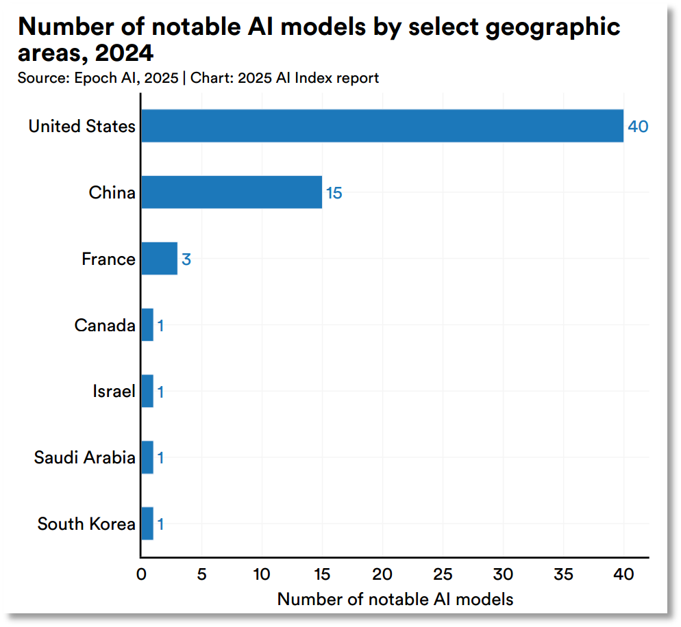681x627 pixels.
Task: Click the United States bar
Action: [x=382, y=126]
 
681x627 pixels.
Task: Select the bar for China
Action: [x=232, y=192]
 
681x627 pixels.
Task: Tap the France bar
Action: [x=160, y=259]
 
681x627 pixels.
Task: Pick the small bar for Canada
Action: [x=147, y=325]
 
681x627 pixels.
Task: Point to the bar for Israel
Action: [x=147, y=392]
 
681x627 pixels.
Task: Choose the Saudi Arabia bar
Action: [x=147, y=457]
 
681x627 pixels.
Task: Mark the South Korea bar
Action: [x=147, y=524]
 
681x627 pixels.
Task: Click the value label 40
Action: [x=638, y=127]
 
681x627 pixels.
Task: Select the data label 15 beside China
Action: [x=334, y=193]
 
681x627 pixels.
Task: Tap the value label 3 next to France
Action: [x=186, y=259]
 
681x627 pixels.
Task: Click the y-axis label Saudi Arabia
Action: [x=85, y=457]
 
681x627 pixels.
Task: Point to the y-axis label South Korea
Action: [x=86, y=524]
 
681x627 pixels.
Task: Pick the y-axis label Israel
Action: [x=114, y=392]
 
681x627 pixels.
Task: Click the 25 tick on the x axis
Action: [x=443, y=575]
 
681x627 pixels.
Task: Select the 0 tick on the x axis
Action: [x=141, y=575]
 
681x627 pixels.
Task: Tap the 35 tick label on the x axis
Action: [x=563, y=575]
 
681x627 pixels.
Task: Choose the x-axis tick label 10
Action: [x=262, y=575]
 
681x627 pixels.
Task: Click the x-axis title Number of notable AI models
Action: [x=395, y=599]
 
